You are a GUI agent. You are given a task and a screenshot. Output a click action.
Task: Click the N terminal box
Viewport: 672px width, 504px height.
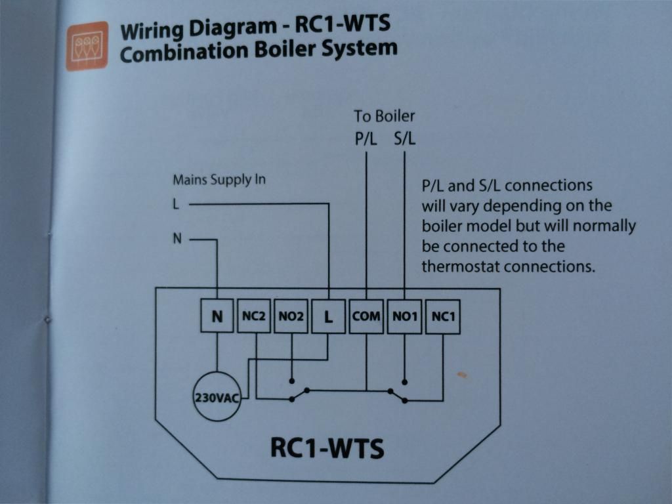pyautogui.click(x=217, y=317)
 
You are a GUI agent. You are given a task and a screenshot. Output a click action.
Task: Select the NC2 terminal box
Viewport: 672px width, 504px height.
pyautogui.click(x=253, y=317)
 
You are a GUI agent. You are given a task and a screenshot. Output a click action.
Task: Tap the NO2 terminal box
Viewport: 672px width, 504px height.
pyautogui.click(x=291, y=317)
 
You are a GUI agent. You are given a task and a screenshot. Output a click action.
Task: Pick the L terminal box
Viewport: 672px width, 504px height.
pyautogui.click(x=328, y=317)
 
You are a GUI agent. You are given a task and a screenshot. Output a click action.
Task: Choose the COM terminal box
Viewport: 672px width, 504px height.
pyautogui.click(x=366, y=317)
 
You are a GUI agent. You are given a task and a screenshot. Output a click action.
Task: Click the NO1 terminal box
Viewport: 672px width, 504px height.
pyautogui.click(x=405, y=317)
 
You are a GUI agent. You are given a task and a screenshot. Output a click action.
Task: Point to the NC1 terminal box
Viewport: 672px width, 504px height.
pyautogui.click(x=443, y=317)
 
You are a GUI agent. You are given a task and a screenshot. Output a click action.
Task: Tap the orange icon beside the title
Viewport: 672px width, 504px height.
pyautogui.click(x=87, y=46)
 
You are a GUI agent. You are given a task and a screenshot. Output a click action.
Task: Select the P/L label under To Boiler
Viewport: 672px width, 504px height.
pyautogui.click(x=366, y=139)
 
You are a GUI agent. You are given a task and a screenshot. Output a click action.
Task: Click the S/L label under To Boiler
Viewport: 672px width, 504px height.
pyautogui.click(x=404, y=139)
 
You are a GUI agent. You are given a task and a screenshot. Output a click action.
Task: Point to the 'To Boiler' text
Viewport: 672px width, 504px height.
pyautogui.click(x=385, y=116)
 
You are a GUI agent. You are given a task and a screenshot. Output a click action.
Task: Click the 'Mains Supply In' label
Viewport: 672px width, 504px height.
pyautogui.click(x=219, y=179)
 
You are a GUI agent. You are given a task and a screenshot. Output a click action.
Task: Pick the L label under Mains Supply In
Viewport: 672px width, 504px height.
pyautogui.click(x=176, y=204)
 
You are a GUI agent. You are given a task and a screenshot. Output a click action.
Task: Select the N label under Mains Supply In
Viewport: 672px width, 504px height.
pyautogui.click(x=177, y=240)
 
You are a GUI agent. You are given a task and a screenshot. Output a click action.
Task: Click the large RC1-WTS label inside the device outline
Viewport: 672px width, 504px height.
pyautogui.click(x=327, y=448)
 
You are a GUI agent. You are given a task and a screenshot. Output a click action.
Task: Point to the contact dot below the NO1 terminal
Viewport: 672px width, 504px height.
pyautogui.click(x=404, y=381)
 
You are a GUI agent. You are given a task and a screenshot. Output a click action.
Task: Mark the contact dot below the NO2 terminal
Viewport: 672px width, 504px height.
pyautogui.click(x=291, y=381)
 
